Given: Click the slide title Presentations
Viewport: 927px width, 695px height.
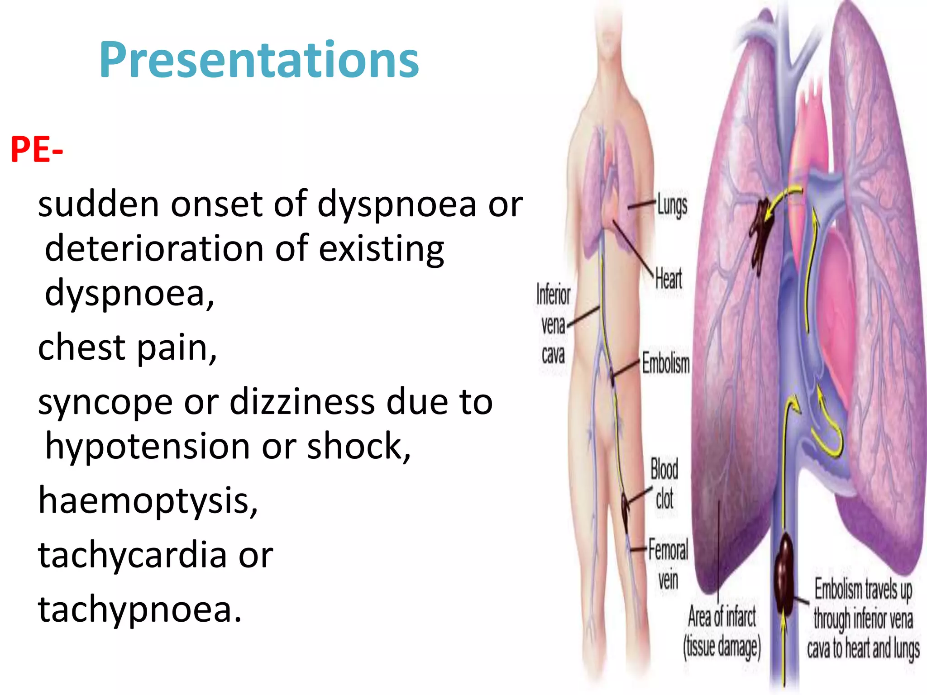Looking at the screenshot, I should (259, 60).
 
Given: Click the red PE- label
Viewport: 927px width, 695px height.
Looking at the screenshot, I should (36, 150).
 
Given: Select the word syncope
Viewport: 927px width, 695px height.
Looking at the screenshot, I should (105, 402).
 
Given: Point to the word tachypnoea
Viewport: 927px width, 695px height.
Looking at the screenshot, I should (139, 609).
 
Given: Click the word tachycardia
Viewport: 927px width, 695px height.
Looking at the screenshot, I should (132, 555).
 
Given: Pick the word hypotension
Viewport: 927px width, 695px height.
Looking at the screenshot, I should (148, 447).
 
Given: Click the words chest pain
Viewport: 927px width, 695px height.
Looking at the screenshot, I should (127, 347).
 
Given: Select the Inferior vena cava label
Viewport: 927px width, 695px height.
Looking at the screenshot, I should (553, 324).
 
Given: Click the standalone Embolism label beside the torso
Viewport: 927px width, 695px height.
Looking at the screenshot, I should (666, 363).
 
